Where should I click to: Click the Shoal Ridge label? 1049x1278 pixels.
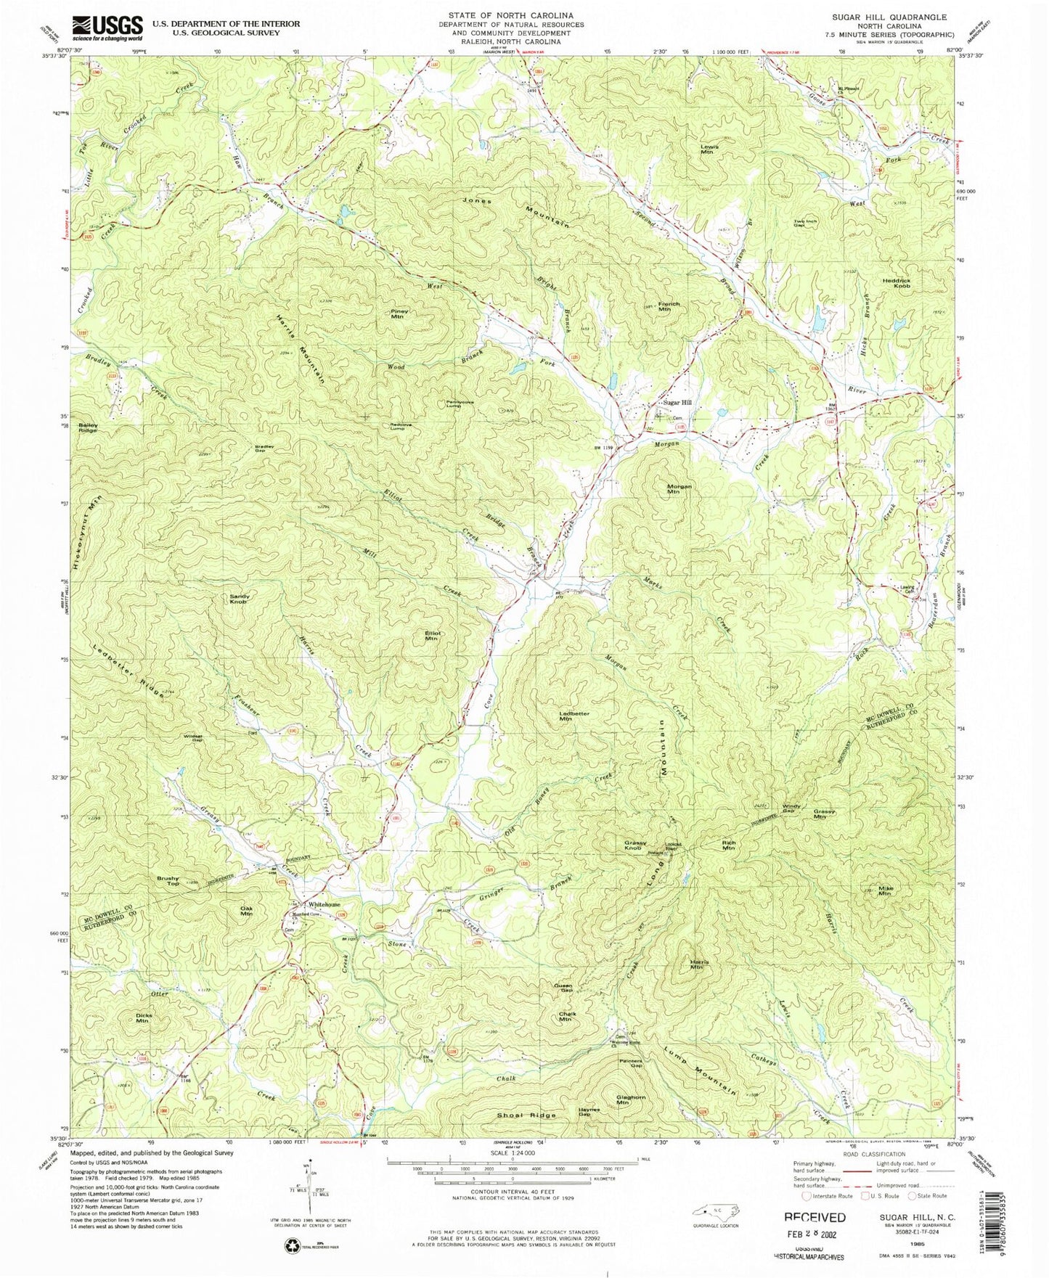tap(526, 1115)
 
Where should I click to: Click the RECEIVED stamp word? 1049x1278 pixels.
tap(814, 1217)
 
